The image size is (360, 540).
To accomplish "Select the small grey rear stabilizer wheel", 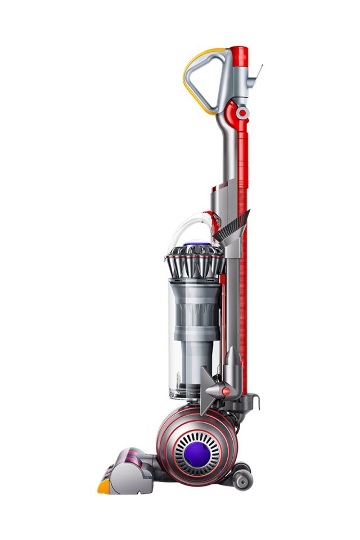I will [x=244, y=479].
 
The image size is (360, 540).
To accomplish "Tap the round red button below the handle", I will [x=242, y=113].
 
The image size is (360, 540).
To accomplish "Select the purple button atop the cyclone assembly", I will [x=194, y=245].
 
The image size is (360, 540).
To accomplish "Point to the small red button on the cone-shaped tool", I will [x=226, y=391].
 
